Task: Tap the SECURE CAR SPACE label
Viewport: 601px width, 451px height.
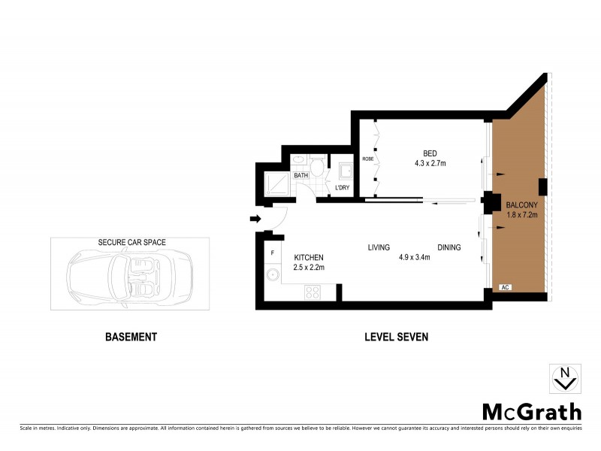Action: tap(131, 243)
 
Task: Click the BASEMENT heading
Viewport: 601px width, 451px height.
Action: tap(131, 337)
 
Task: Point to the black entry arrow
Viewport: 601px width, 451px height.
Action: tap(255, 219)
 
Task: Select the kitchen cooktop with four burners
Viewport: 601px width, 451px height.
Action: tap(313, 292)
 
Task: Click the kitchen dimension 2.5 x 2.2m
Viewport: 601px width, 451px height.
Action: tap(308, 268)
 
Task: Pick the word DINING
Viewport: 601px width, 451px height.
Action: tap(449, 247)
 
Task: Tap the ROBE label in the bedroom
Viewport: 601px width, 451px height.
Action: tap(368, 159)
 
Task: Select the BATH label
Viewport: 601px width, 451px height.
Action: tap(301, 176)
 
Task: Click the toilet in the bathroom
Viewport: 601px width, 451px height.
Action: tap(319, 166)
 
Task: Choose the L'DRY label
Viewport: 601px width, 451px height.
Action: tap(343, 187)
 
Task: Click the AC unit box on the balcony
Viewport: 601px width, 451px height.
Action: tap(506, 287)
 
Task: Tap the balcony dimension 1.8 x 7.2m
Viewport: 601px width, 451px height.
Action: tap(521, 215)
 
